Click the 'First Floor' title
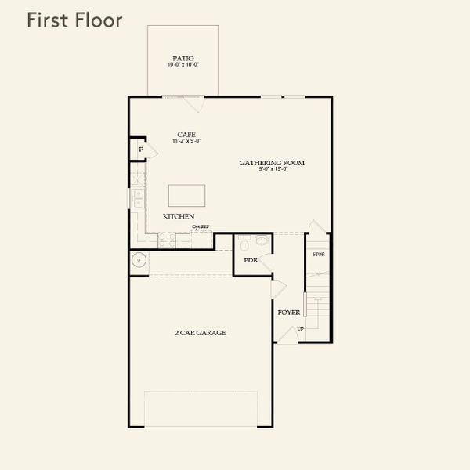pos(74,20)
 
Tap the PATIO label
pos(183,58)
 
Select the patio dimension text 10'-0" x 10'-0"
pos(183,65)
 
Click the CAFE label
pos(186,134)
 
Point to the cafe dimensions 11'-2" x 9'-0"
pos(186,141)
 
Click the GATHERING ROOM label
pos(272,163)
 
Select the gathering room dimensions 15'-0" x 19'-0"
pos(272,169)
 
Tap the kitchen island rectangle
pos(187,195)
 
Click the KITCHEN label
pos(179,216)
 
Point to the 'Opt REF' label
pos(201,227)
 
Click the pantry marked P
pos(140,150)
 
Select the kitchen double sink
pos(138,198)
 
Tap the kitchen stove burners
pos(167,241)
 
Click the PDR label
pos(251,260)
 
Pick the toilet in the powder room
pos(262,241)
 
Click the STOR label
pos(318,255)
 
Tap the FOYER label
pos(289,312)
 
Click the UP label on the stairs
pos(300,328)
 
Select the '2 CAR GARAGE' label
pos(201,333)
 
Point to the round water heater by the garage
pos(139,261)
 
